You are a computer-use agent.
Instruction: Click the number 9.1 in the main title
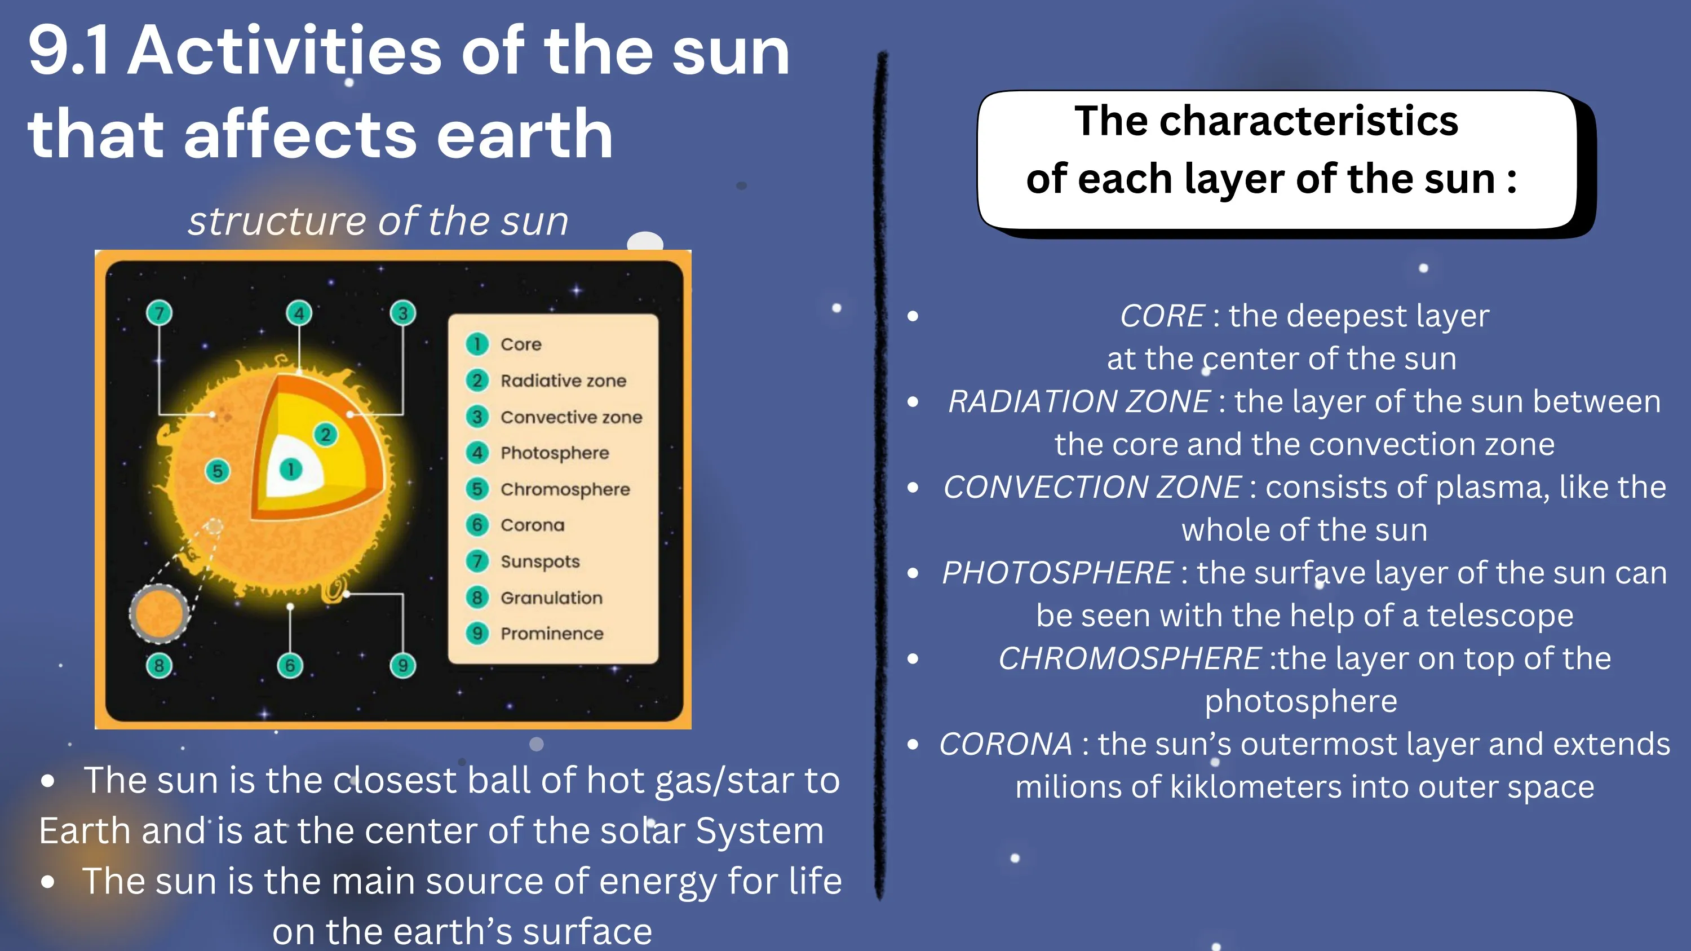(x=69, y=51)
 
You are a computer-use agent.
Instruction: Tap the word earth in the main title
(x=525, y=135)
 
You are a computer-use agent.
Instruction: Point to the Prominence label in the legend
(x=551, y=634)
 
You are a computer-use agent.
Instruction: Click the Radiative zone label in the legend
(x=563, y=381)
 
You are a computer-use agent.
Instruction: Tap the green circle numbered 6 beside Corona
(x=477, y=524)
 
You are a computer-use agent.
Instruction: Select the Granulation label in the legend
(x=551, y=597)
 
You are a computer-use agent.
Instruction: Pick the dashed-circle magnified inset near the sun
(x=159, y=614)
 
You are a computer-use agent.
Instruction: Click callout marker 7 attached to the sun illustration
(x=159, y=313)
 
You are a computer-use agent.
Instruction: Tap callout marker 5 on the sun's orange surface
(x=217, y=471)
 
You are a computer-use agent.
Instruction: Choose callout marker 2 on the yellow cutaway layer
(x=326, y=435)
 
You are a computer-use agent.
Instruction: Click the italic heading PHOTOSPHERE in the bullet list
(x=1057, y=573)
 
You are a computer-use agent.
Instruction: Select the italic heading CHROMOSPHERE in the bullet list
(x=1130, y=658)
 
